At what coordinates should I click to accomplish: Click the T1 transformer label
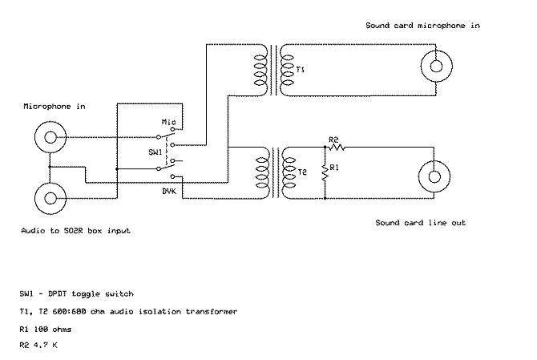point(300,70)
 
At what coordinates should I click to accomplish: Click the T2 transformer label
point(302,172)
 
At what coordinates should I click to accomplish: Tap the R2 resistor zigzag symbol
point(337,148)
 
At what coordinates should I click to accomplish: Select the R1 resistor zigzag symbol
point(325,172)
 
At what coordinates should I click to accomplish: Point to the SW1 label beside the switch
point(155,152)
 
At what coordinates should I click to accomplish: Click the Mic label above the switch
point(168,122)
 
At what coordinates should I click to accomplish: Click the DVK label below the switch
point(169,191)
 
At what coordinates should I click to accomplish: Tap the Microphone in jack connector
point(50,137)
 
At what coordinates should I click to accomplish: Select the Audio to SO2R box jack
point(50,198)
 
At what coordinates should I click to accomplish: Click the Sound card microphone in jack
point(436,66)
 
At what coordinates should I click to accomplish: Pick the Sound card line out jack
point(434,177)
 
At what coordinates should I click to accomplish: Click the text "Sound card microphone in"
point(422,26)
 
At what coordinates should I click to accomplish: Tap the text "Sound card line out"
point(420,223)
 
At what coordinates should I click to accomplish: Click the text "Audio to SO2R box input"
point(75,231)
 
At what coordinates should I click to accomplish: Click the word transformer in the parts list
point(212,311)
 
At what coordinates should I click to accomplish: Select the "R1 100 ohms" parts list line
point(45,330)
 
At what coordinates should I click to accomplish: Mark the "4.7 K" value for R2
point(45,345)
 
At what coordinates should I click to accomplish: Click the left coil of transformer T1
point(260,70)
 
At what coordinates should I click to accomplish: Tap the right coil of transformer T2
point(289,172)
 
